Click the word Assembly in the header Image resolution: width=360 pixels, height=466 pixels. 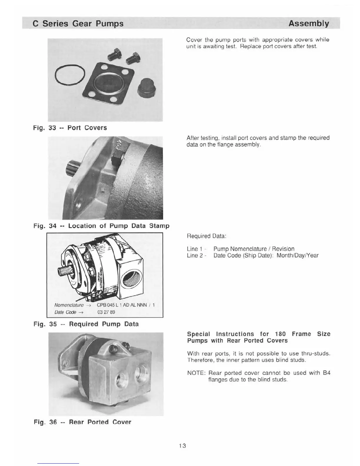[309, 24]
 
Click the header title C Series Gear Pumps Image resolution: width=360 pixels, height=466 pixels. [78, 24]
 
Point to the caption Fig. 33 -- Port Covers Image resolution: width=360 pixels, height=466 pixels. [70, 128]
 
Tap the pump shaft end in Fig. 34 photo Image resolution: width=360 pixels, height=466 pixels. [72, 168]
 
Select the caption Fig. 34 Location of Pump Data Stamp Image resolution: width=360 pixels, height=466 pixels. [101, 226]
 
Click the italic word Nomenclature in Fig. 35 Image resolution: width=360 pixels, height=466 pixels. [69, 305]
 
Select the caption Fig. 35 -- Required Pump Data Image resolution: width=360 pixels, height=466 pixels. [86, 324]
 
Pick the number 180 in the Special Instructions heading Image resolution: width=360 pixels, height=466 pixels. [280, 334]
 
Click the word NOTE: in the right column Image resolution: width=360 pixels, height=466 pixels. [196, 373]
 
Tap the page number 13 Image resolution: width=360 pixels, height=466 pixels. [182, 446]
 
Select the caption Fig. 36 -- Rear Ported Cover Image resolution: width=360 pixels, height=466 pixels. [82, 422]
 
